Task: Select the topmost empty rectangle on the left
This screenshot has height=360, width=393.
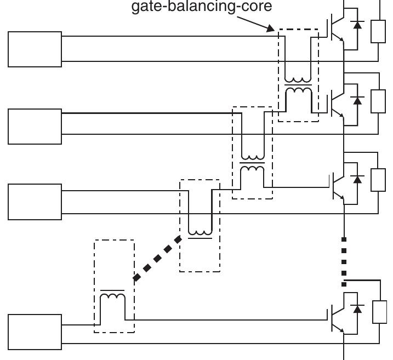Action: pyautogui.click(x=35, y=49)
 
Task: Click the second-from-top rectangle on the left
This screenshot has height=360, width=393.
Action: pyautogui.click(x=35, y=126)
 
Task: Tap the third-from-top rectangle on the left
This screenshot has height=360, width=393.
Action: pyautogui.click(x=35, y=202)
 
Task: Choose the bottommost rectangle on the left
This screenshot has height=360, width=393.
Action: pyautogui.click(x=35, y=332)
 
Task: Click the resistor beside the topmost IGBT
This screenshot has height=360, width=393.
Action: pyautogui.click(x=378, y=30)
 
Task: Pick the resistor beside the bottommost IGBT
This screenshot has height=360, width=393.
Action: pyautogui.click(x=379, y=312)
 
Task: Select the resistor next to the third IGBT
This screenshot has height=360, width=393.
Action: pyautogui.click(x=378, y=180)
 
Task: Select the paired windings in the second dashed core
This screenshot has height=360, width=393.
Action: pyautogui.click(x=252, y=163)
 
